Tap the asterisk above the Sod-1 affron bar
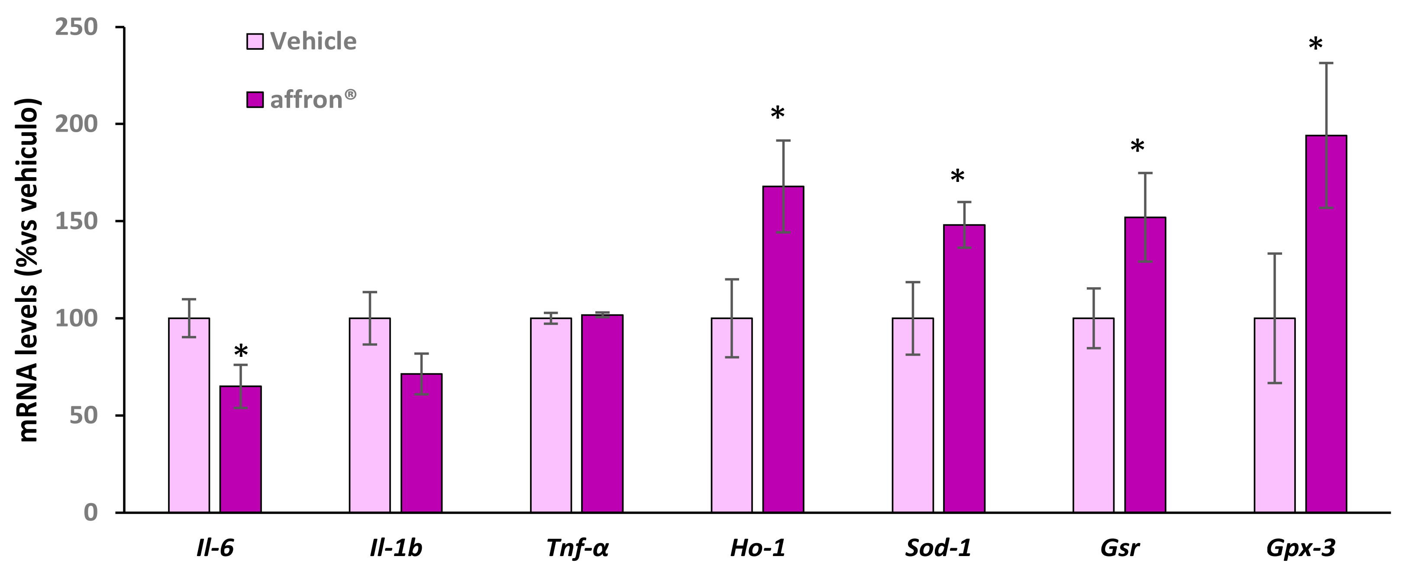(x=957, y=177)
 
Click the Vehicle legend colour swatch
(x=255, y=42)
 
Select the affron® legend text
(x=313, y=100)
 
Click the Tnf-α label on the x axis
(x=577, y=548)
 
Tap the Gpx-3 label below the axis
(x=1301, y=548)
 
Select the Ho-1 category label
(x=758, y=548)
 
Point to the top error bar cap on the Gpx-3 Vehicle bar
(x=1275, y=254)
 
